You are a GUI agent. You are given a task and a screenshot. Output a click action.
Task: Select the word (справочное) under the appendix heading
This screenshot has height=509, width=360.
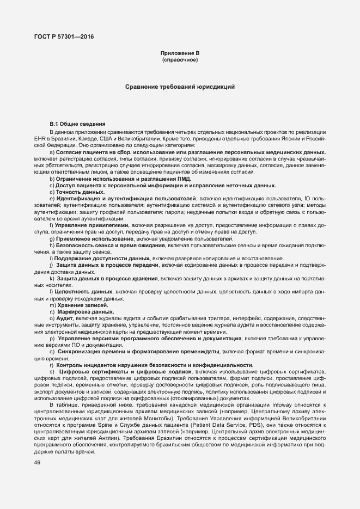pos(180,59)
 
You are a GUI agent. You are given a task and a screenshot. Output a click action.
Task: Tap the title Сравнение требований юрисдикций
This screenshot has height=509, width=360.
pos(180,87)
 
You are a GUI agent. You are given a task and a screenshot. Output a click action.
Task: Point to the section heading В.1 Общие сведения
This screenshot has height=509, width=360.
pos(77,124)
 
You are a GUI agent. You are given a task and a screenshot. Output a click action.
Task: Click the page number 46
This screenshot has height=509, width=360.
pos(37,463)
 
